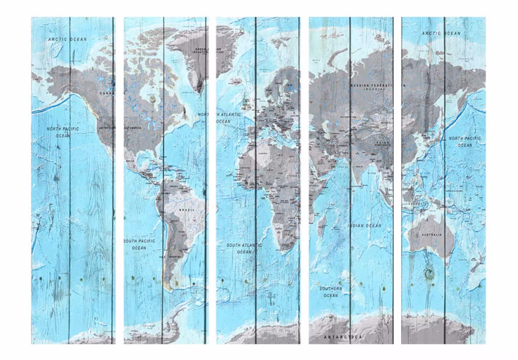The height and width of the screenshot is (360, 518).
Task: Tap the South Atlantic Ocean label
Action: coord(244,248)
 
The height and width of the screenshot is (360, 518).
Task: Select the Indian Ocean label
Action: coord(365,226)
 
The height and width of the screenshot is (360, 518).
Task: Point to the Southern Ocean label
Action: coord(331,292)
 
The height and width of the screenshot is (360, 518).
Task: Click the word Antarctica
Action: coord(344,336)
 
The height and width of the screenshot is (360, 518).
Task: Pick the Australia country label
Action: coord(432,235)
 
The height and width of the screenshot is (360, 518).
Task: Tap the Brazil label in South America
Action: coord(189,209)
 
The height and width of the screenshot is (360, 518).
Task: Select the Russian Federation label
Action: coord(372,86)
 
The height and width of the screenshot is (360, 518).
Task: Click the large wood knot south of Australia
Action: coord(429,273)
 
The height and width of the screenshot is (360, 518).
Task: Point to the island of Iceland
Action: coord(236,80)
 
